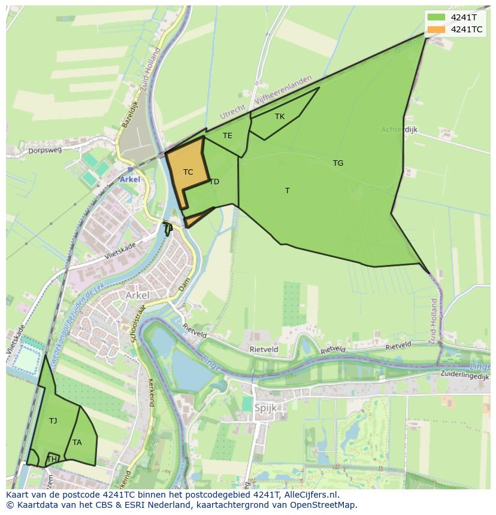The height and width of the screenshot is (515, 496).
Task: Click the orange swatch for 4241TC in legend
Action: [436, 29]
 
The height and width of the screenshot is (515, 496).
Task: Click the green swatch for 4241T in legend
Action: [436, 17]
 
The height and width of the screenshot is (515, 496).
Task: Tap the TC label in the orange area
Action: [188, 172]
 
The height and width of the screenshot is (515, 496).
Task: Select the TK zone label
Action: [280, 117]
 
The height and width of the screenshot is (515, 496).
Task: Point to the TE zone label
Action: [228, 136]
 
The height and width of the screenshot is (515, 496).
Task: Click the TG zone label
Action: [338, 163]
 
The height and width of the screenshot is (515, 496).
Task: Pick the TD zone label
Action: [214, 182]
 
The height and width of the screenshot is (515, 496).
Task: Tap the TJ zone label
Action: [53, 421]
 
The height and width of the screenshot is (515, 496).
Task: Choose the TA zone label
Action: [77, 443]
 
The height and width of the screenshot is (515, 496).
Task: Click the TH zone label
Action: [52, 459]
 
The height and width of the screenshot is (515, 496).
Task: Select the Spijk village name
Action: [265, 408]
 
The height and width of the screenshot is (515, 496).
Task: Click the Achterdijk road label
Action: [400, 129]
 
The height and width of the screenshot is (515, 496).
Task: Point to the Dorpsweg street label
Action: [45, 151]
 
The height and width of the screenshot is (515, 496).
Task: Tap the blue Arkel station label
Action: [130, 179]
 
